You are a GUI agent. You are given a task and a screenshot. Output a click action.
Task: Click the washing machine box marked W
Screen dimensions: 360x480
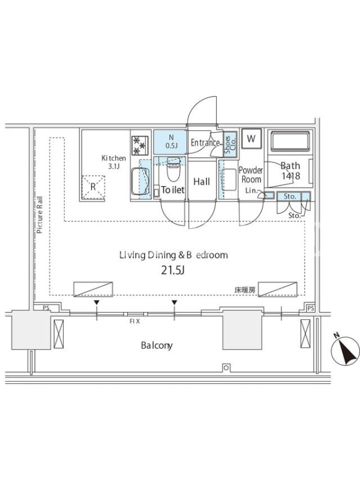(x=251, y=139)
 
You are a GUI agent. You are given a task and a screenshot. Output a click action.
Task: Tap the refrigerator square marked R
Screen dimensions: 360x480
(x=93, y=187)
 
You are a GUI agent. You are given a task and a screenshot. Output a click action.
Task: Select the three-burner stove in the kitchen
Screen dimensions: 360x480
(x=140, y=145)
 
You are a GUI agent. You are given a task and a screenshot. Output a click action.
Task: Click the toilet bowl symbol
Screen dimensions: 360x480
(x=173, y=169)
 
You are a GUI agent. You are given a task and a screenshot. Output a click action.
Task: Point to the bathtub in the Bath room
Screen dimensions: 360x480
(x=290, y=142)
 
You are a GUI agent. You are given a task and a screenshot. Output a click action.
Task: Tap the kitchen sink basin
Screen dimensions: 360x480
(x=140, y=182)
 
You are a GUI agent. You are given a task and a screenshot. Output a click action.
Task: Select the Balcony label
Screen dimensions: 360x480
(x=157, y=346)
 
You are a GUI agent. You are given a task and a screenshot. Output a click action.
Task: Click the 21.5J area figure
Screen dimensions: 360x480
(x=173, y=271)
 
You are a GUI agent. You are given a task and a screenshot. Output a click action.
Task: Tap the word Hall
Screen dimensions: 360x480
(x=202, y=182)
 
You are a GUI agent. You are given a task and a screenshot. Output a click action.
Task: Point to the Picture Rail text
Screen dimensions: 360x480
(x=40, y=215)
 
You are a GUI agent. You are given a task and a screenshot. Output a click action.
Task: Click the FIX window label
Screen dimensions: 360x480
(x=134, y=322)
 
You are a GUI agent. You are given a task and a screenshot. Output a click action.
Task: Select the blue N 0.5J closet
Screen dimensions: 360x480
(x=170, y=142)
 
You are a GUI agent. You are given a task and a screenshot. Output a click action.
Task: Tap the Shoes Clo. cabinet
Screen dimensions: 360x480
(x=230, y=145)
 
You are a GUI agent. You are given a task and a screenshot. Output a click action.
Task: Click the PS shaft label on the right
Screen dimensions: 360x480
(x=310, y=308)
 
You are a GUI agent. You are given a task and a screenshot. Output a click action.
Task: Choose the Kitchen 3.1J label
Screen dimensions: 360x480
(x=113, y=162)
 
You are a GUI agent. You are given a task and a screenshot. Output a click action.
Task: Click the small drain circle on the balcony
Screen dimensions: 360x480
(x=226, y=368)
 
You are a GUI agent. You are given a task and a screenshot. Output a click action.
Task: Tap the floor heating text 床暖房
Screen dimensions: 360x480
(x=245, y=290)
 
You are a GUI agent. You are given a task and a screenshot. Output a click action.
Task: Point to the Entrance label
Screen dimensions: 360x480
(x=205, y=142)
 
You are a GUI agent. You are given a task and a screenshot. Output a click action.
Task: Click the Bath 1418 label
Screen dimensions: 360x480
(x=290, y=171)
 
